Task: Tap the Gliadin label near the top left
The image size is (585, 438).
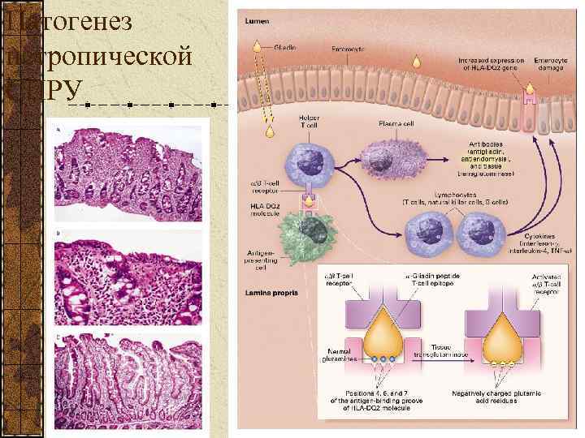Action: [x=284, y=47]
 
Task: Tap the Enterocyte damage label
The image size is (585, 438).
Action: [x=551, y=63]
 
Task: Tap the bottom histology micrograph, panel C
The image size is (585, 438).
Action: [x=128, y=381]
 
